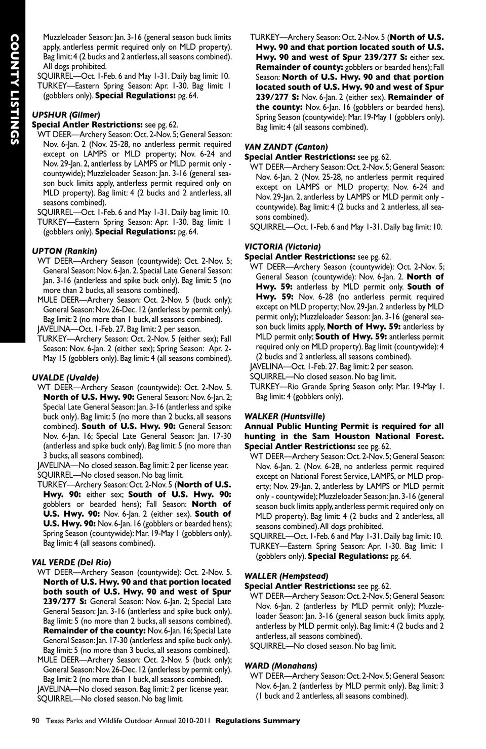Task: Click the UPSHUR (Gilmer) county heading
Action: [66, 115]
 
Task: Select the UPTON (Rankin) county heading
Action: [64, 251]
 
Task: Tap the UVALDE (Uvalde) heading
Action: [65, 378]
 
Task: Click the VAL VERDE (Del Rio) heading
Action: [71, 562]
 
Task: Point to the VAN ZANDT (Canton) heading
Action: [286, 147]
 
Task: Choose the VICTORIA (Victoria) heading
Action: [282, 247]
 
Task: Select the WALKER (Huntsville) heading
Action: [285, 417]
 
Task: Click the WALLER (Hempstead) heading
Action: [286, 576]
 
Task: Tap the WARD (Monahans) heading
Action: [280, 666]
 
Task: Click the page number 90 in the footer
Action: [35, 721]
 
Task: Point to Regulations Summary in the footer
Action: [258, 721]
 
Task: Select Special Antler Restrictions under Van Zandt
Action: [299, 157]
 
